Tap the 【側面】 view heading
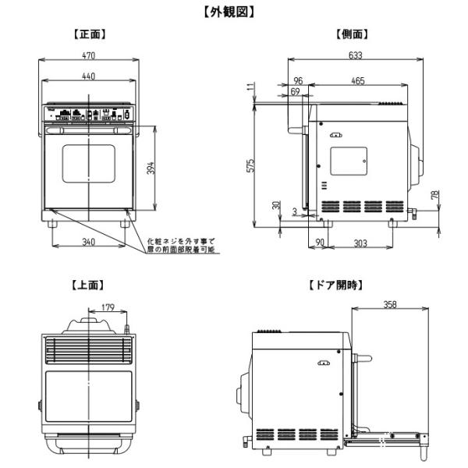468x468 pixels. click(x=352, y=34)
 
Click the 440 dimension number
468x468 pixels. click(x=90, y=76)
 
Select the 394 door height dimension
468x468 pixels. click(x=151, y=167)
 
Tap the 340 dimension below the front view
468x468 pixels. click(x=89, y=243)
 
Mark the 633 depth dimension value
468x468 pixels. click(x=356, y=55)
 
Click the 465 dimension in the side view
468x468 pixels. click(x=358, y=80)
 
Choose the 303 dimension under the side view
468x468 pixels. click(x=360, y=243)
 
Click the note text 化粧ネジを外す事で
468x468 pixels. click(x=180, y=242)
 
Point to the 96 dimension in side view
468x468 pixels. click(x=298, y=80)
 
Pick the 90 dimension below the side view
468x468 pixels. click(x=320, y=243)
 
